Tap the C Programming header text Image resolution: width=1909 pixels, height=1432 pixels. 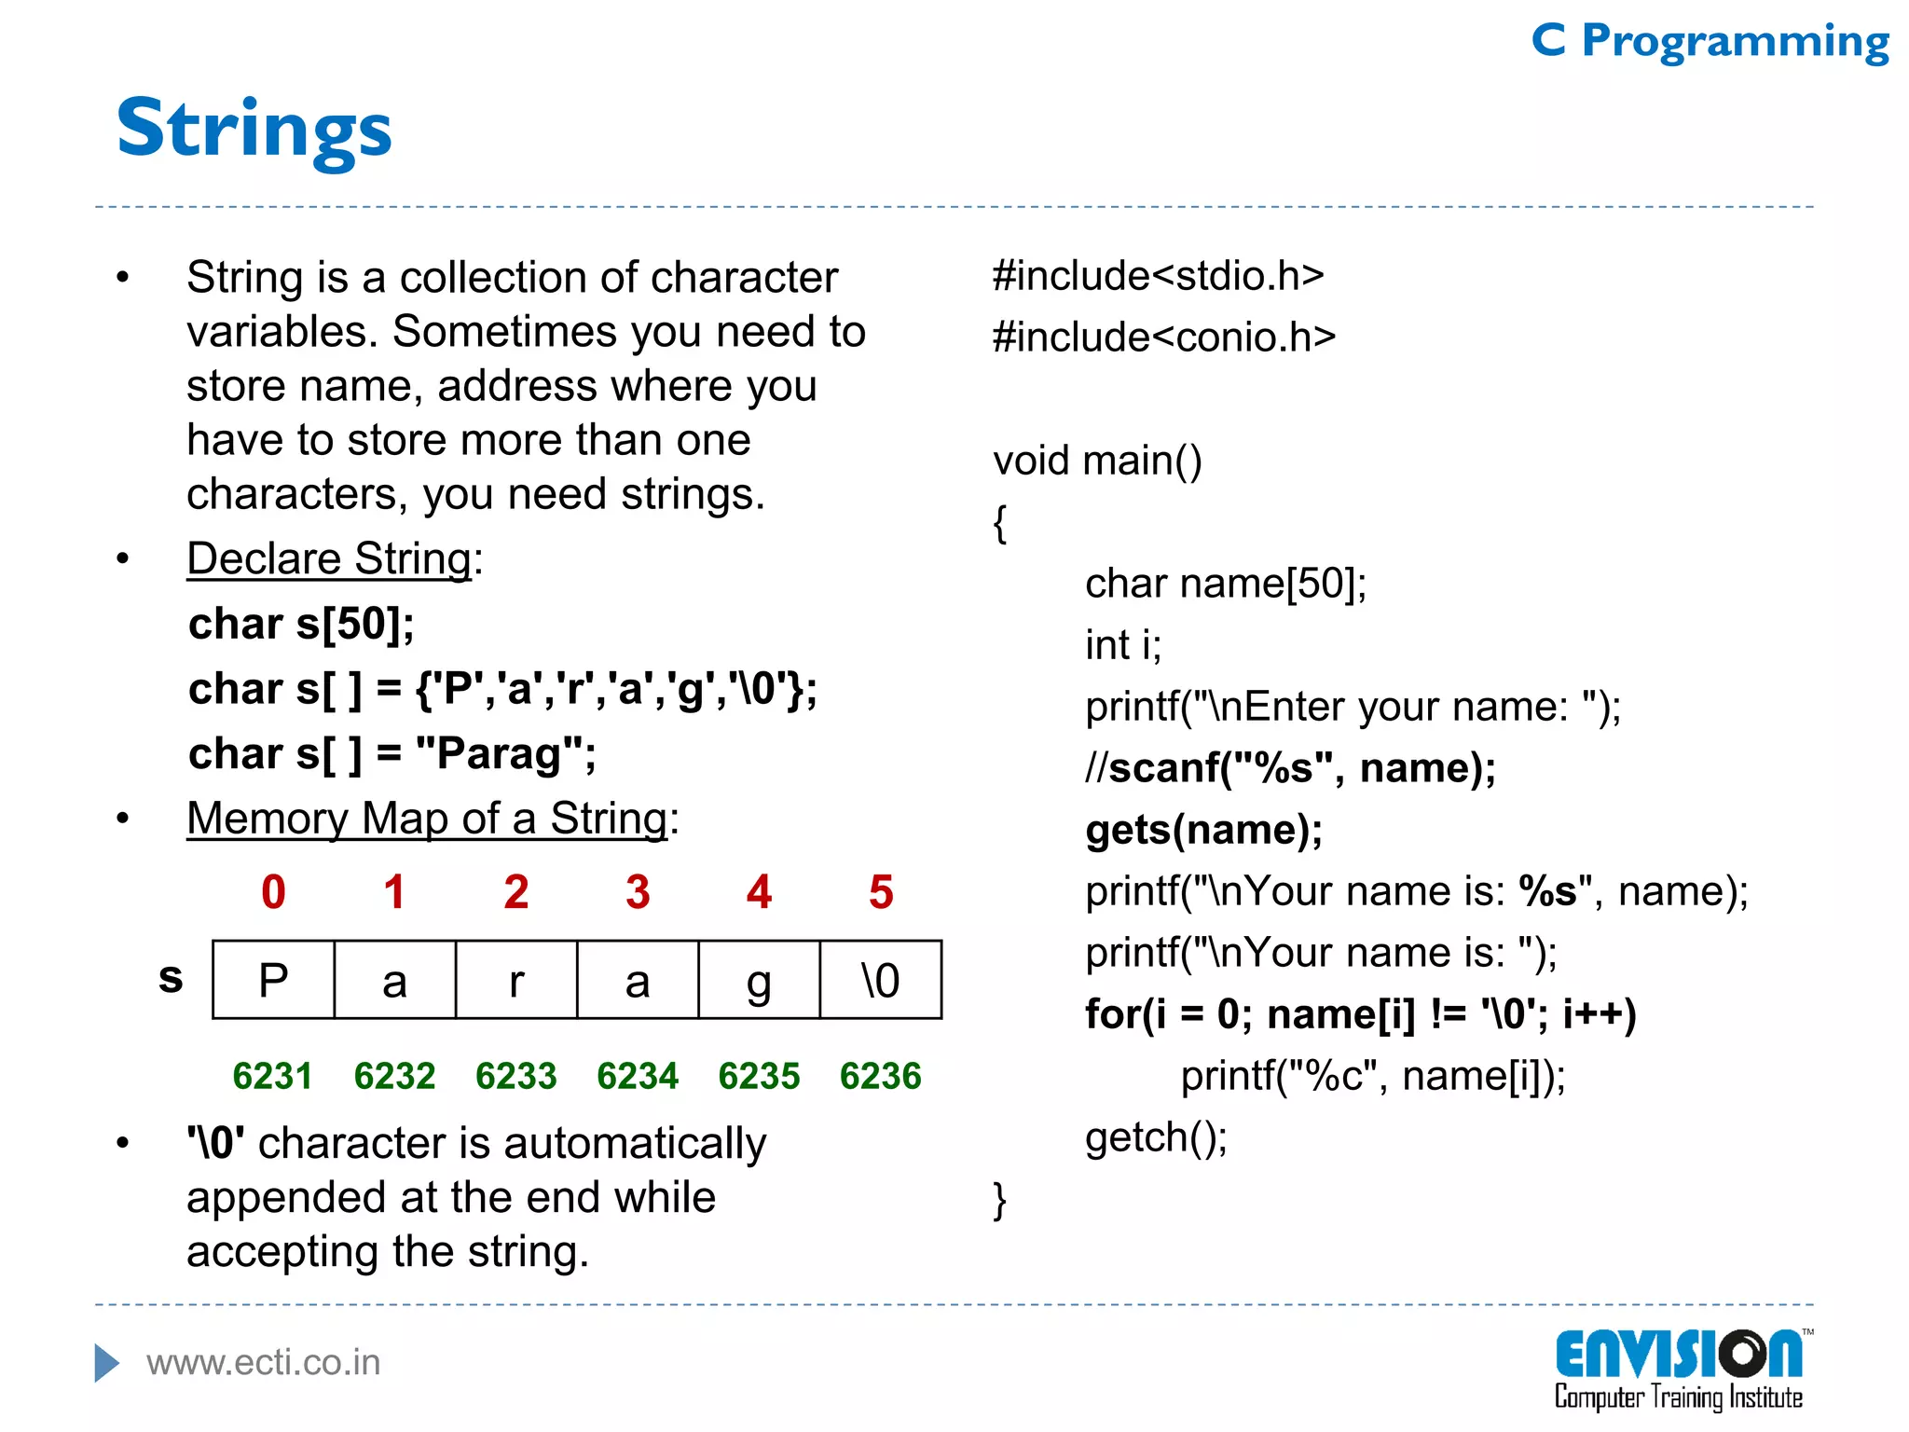1710,41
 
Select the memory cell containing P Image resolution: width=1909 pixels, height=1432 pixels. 273,980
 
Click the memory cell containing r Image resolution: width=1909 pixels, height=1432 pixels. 516,980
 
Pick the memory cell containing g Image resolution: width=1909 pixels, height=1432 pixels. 759,980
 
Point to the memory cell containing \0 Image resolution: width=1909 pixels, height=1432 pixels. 881,980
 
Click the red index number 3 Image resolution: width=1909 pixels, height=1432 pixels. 638,892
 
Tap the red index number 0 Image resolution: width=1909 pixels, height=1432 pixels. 273,892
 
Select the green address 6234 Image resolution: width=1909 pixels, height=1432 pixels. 638,1076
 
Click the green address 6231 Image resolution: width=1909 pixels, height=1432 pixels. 272,1076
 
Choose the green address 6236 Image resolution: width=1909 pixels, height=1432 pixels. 880,1076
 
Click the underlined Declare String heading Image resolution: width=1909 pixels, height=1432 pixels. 330,559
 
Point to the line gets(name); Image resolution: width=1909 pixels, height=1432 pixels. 1203,830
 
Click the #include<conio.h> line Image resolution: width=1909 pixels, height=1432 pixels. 1163,337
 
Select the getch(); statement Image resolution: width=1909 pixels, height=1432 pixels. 1156,1137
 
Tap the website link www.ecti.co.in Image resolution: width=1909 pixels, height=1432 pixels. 264,1363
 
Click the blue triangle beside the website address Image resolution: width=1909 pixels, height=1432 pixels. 107,1363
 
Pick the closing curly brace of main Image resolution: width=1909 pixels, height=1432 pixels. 1000,1200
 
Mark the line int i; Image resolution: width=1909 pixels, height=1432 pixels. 1123,645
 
